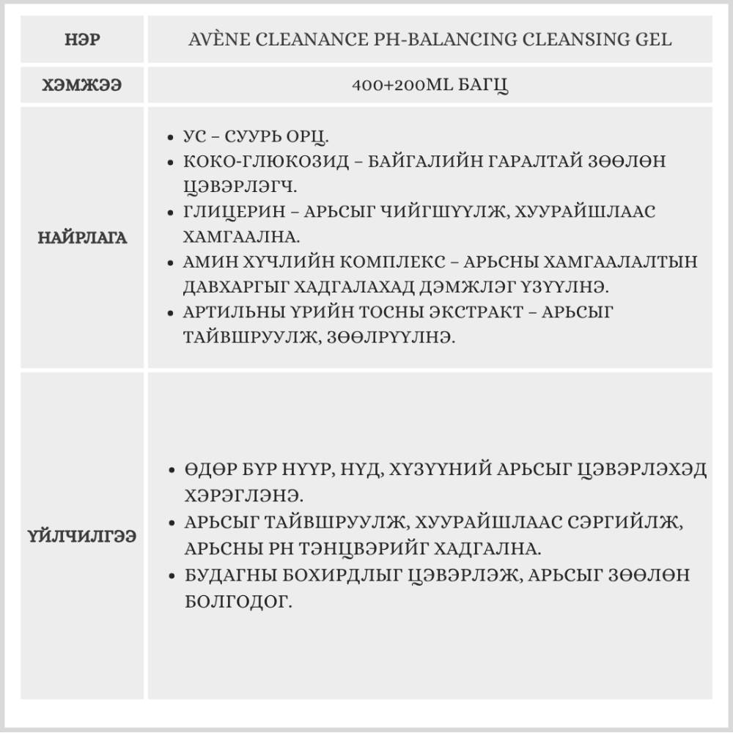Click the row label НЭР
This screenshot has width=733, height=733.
coord(82,39)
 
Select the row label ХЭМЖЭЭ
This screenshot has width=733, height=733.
coord(82,85)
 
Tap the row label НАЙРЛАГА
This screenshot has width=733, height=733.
coord(82,237)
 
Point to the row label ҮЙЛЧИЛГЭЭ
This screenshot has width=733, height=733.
coord(82,536)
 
